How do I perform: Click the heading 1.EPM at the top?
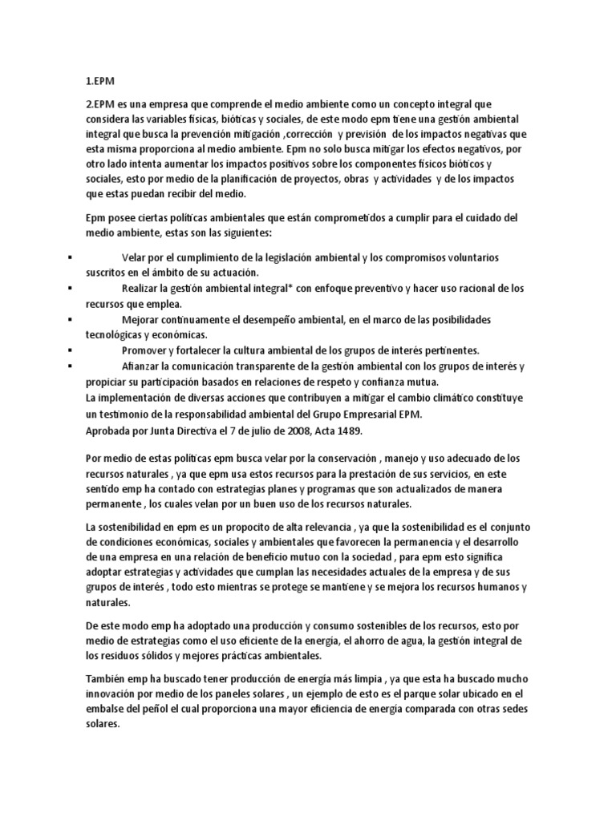tap(100, 81)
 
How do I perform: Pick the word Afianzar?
tap(143, 366)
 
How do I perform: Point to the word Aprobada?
tap(110, 431)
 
